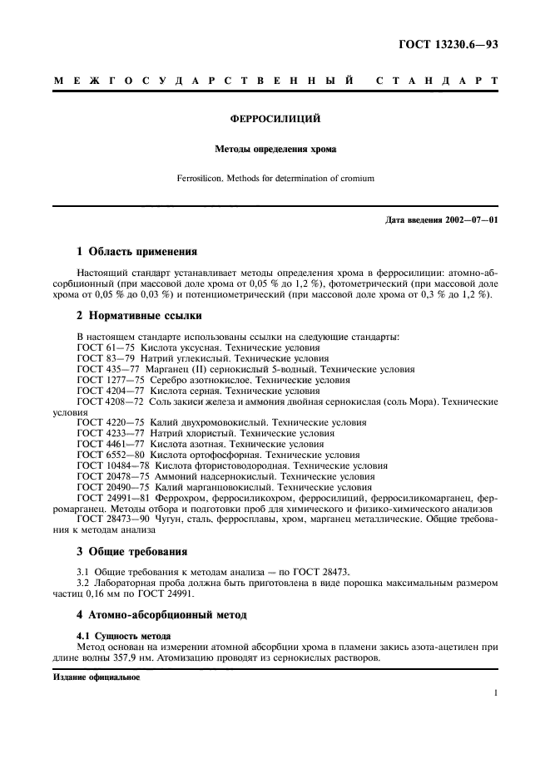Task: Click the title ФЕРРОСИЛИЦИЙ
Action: [x=275, y=119]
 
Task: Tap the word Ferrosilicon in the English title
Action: [x=201, y=178]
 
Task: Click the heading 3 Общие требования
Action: [x=131, y=551]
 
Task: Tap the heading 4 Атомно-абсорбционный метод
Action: [x=163, y=615]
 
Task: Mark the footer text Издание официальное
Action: [x=97, y=677]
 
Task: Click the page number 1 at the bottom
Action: [x=495, y=692]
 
